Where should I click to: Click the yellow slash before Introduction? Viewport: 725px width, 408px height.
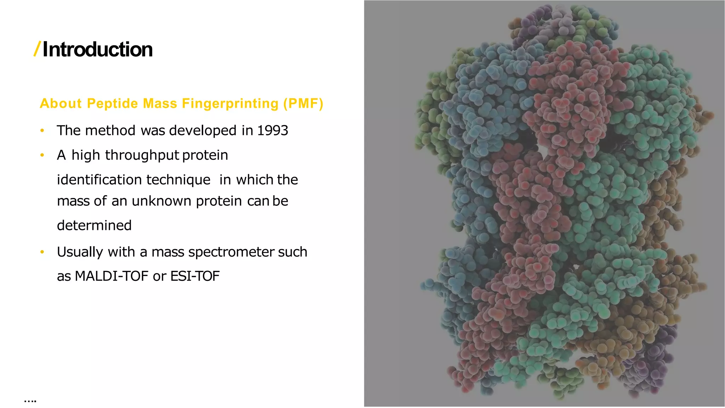37,49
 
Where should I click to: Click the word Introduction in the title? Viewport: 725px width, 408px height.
98,50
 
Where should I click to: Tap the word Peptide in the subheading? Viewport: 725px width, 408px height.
112,103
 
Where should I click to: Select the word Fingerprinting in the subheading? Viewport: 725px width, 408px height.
230,103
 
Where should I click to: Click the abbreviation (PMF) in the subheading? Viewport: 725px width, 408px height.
303,103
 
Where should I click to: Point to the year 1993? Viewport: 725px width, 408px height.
272,131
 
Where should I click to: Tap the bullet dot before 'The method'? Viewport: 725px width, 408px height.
42,131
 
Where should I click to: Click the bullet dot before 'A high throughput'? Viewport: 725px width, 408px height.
42,155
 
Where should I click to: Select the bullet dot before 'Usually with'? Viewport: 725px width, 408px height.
42,252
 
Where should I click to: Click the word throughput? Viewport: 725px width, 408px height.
142,155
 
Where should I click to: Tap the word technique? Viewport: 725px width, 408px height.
178,180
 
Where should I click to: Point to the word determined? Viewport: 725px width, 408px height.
94,226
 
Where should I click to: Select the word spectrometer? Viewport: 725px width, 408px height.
232,252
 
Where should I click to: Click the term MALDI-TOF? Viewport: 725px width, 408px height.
112,276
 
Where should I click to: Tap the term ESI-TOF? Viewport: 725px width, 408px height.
195,276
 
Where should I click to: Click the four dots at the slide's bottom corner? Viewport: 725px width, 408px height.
30,401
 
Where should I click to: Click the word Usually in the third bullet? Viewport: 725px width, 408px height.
80,252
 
